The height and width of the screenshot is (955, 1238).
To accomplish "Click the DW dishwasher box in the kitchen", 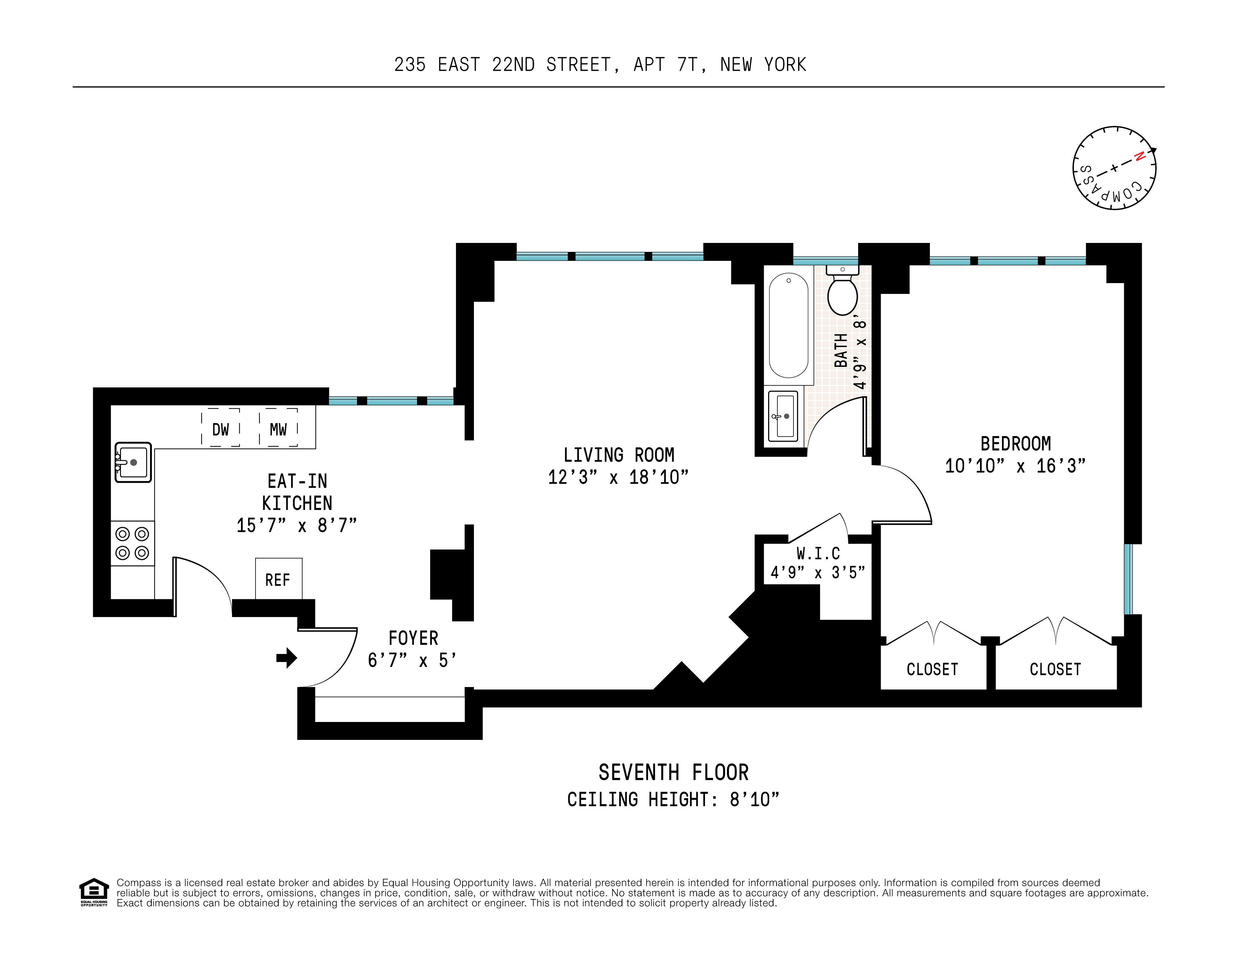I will [x=221, y=429].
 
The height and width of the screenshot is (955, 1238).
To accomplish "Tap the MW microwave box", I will [x=278, y=429].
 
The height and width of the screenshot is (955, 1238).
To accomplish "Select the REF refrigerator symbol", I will [x=278, y=579].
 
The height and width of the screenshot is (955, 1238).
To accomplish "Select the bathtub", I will [x=789, y=326].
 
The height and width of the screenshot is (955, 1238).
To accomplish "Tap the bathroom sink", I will [x=783, y=416].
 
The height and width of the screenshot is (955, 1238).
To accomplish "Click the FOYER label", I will [x=413, y=638].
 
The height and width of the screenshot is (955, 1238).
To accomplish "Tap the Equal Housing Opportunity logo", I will [x=93, y=892].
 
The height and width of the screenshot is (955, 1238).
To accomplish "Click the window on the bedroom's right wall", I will [x=1128, y=579].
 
